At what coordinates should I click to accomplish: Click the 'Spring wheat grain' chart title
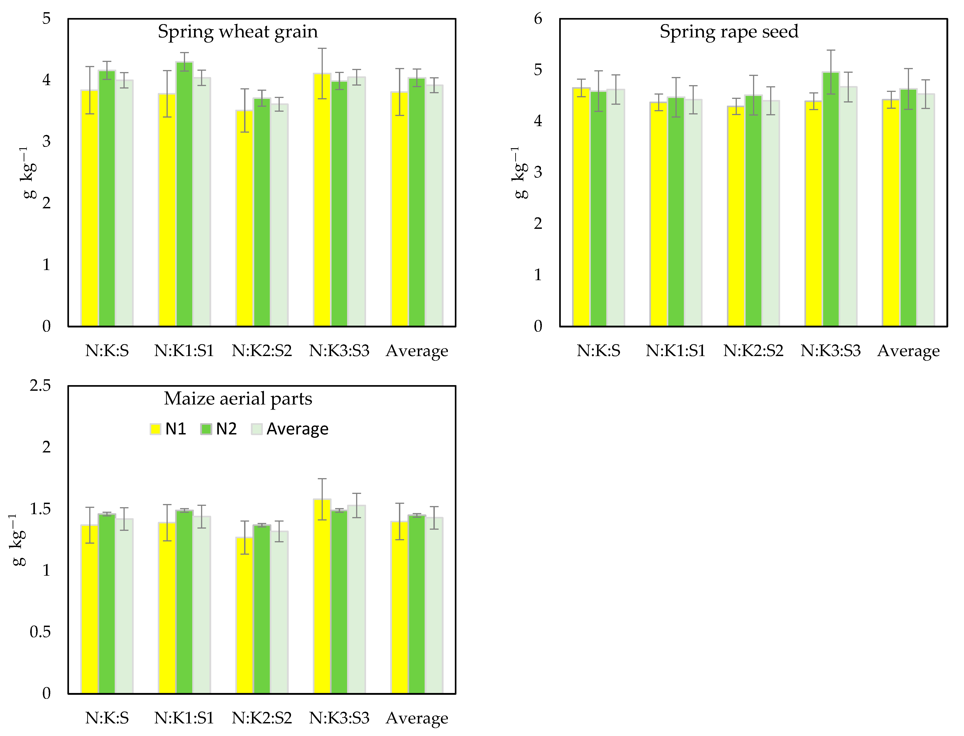(x=238, y=32)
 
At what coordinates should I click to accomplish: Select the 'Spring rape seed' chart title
(x=729, y=32)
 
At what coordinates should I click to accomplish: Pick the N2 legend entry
(x=219, y=429)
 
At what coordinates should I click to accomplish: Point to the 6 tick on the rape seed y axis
(x=538, y=18)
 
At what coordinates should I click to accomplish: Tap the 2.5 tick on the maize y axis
(x=40, y=386)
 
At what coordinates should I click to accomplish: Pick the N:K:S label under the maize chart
(x=107, y=718)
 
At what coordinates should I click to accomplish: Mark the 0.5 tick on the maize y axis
(x=40, y=632)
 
